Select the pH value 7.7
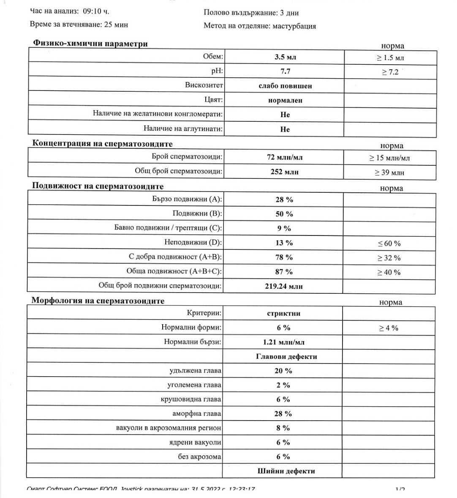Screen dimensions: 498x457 285,71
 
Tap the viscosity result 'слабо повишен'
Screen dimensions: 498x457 285,86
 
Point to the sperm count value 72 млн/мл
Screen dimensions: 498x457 285,158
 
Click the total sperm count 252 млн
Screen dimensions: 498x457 285,172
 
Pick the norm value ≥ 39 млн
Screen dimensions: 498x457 389,172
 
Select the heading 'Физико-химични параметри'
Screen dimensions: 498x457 90,44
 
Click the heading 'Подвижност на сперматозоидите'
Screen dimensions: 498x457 98,186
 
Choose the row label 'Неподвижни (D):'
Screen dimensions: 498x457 193,242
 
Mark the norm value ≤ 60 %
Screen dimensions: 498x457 389,244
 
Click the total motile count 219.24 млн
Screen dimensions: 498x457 283,286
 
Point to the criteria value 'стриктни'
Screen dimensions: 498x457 283,314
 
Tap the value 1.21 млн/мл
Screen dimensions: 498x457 283,342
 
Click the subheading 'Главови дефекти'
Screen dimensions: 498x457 286,356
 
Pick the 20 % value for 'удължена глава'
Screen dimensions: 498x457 283,371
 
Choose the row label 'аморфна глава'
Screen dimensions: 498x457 197,413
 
